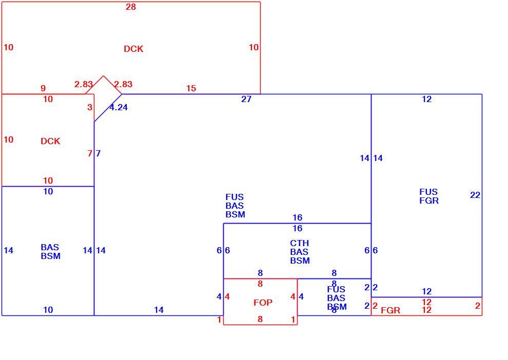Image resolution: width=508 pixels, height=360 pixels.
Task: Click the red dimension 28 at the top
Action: point(131,7)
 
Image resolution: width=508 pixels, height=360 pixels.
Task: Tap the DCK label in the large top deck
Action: point(133,49)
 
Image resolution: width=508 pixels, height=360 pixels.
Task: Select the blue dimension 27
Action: point(246,99)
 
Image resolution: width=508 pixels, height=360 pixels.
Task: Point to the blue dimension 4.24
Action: point(119,108)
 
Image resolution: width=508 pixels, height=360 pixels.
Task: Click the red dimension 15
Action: point(191,88)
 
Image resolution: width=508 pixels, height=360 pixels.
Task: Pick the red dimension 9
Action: point(43,88)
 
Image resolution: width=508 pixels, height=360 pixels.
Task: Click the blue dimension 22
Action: point(475,195)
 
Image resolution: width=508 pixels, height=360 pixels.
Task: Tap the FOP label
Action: point(263,303)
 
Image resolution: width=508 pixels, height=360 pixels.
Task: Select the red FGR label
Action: point(390,310)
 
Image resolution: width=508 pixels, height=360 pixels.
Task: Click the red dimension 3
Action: point(90,108)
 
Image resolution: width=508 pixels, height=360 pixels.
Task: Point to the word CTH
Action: point(300,243)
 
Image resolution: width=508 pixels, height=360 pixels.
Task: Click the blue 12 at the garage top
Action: point(427,99)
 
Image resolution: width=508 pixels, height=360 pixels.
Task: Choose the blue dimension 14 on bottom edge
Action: point(159,310)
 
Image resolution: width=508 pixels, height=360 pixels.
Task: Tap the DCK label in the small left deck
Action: point(50,141)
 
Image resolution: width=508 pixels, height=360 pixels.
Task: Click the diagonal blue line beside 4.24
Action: point(108,108)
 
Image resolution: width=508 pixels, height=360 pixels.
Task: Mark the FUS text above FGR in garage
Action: point(428,192)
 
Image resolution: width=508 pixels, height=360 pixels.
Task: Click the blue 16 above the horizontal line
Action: point(298,217)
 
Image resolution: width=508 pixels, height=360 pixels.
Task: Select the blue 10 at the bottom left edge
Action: point(48,310)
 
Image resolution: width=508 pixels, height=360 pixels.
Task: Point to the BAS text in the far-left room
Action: point(50,247)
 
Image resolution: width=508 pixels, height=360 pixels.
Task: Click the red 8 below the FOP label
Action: point(260,319)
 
